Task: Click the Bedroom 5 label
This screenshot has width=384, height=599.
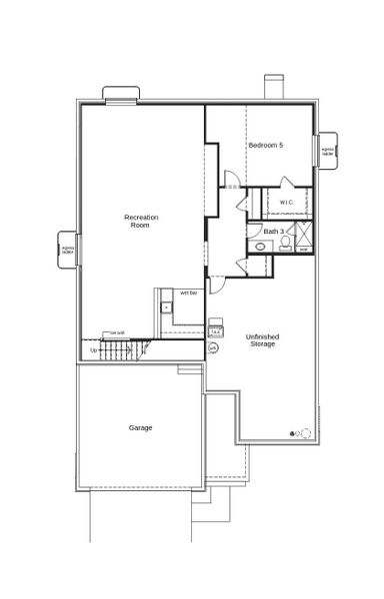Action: (x=266, y=146)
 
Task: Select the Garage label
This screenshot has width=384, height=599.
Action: (x=140, y=427)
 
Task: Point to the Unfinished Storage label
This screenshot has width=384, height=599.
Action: (x=262, y=340)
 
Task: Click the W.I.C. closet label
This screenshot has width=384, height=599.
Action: (x=286, y=202)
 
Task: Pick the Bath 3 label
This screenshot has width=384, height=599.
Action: (x=272, y=232)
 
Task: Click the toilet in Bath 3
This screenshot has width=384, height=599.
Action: (x=285, y=243)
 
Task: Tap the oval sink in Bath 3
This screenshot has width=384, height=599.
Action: (x=259, y=245)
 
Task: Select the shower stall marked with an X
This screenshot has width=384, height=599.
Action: (x=305, y=236)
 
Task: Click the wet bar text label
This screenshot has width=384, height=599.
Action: (x=187, y=293)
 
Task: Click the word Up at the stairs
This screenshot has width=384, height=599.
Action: (x=95, y=350)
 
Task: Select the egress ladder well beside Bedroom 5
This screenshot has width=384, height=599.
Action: (x=327, y=151)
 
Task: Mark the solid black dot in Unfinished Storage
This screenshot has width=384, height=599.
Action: (x=292, y=433)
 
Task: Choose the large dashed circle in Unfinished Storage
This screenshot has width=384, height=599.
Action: (x=305, y=432)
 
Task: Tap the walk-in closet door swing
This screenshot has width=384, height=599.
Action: (x=287, y=183)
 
